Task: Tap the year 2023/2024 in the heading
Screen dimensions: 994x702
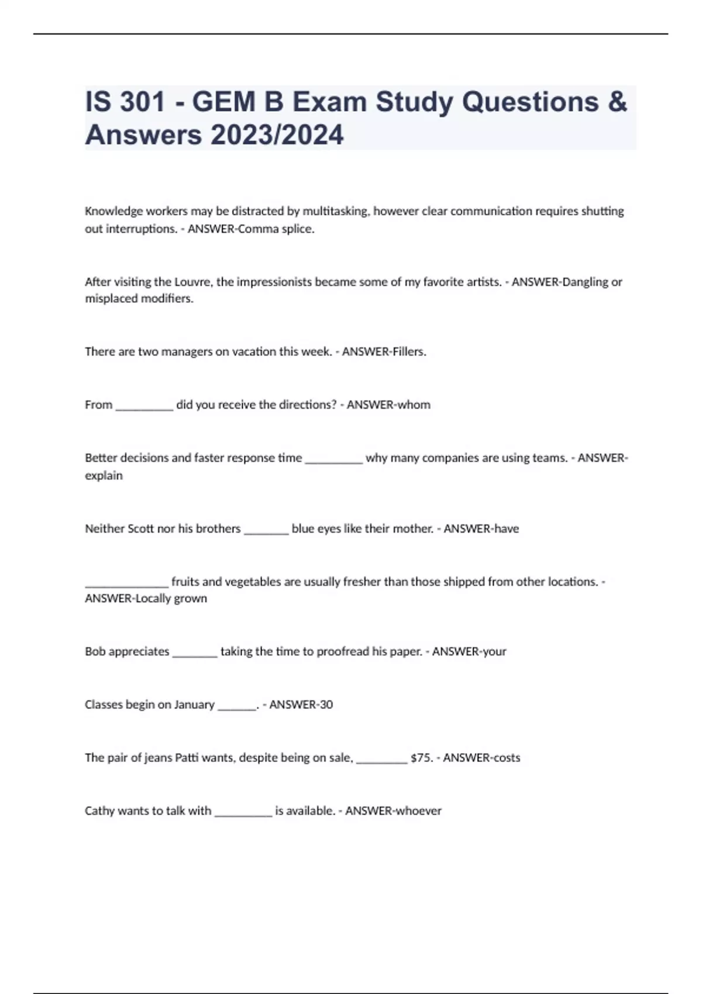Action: (x=277, y=135)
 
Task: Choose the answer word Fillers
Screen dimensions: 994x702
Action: (x=409, y=352)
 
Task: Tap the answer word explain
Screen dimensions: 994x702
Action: (x=104, y=475)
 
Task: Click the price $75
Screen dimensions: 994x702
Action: (x=421, y=758)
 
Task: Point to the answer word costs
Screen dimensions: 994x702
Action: (x=505, y=758)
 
